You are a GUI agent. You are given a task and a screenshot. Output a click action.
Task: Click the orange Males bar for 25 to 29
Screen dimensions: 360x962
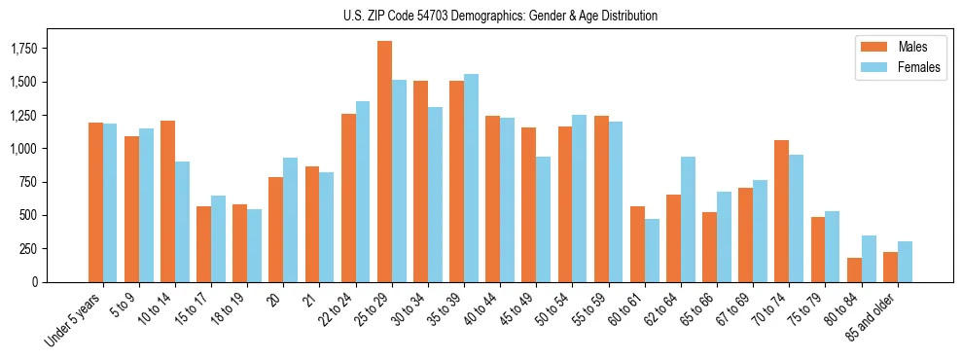pyautogui.click(x=384, y=162)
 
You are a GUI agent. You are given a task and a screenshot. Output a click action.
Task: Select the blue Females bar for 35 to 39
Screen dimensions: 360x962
pyautogui.click(x=471, y=178)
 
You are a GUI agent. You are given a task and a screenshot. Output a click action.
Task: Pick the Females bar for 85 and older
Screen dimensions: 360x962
pyautogui.click(x=905, y=262)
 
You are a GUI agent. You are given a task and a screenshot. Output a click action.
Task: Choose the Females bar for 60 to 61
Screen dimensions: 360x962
pyautogui.click(x=652, y=250)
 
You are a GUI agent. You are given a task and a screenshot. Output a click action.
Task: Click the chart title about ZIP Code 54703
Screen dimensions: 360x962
pyautogui.click(x=500, y=16)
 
